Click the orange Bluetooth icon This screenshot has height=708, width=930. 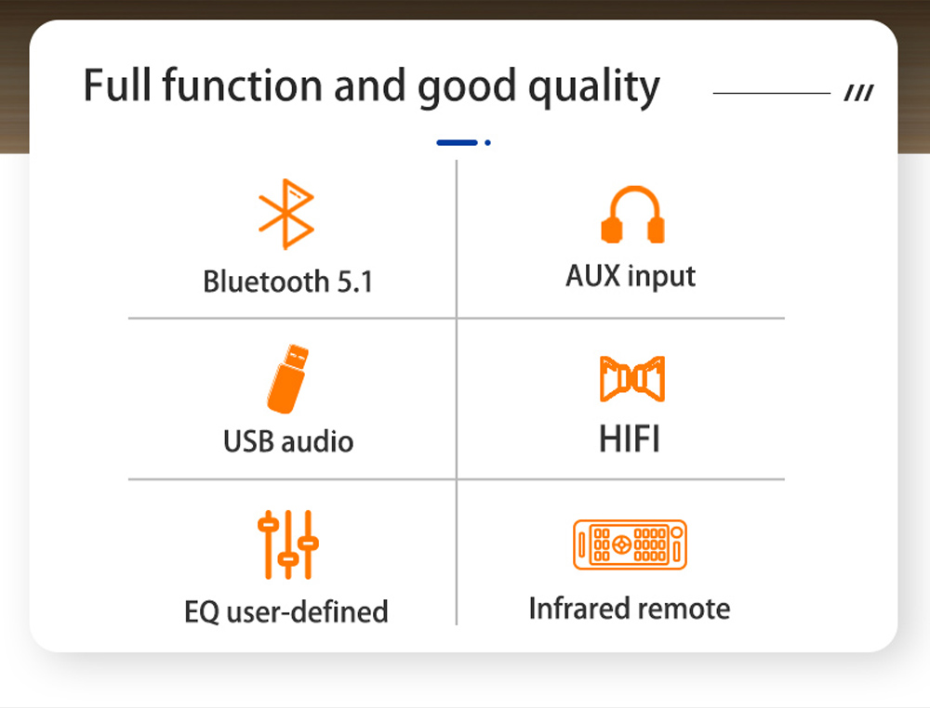pos(286,214)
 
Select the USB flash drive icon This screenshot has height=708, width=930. pos(288,378)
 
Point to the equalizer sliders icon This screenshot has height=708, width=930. pos(288,544)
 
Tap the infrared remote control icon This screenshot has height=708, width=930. pos(630,544)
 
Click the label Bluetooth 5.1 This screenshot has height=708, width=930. pos(288,282)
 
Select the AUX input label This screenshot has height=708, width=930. pos(631,277)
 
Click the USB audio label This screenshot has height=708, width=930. pos(288,441)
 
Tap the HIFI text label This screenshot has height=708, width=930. pos(630,439)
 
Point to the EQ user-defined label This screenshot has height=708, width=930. pos(286,611)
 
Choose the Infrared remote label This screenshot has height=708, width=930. pos(630,609)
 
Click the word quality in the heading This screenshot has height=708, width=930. pos(594,87)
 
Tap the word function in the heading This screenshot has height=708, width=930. pos(243,85)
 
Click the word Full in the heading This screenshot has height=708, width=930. pos(118,85)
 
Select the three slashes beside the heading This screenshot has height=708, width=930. pos(858,93)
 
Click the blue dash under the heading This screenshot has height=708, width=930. pos(457,142)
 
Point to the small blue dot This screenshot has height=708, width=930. pos(487,142)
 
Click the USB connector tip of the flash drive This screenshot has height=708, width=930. pos(297,357)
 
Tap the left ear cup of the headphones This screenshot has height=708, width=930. pos(612,229)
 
